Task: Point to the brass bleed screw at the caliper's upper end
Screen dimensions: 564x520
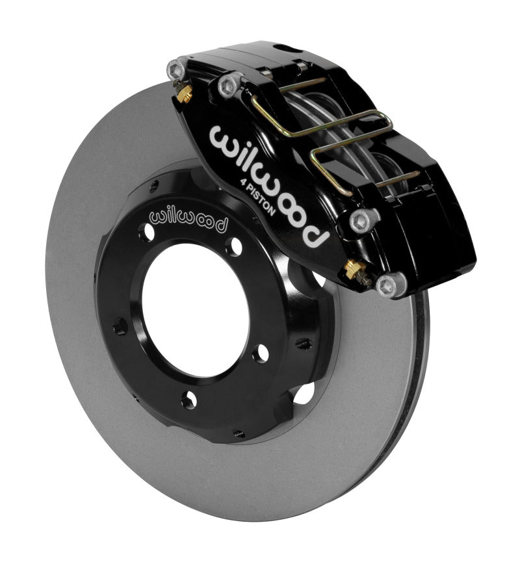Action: [183, 94]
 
